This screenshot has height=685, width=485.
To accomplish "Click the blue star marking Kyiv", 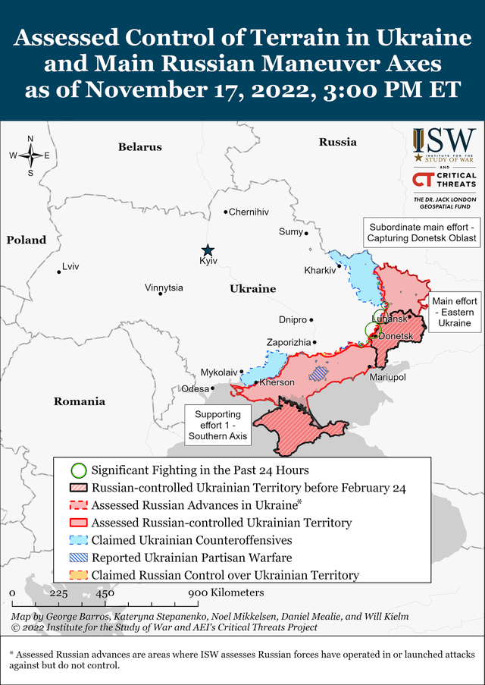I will (x=208, y=250).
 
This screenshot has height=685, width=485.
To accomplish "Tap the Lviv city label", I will (x=70, y=266).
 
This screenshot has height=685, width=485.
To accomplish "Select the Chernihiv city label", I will (x=249, y=212).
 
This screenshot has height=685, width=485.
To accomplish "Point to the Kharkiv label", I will (x=319, y=270).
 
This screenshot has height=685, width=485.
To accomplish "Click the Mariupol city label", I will (x=387, y=376).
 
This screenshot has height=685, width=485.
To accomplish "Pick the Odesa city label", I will (x=195, y=388).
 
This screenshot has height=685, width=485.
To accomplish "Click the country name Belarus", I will (x=140, y=146).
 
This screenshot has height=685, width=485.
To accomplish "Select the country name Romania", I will (x=79, y=401).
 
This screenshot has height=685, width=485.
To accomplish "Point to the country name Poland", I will (x=27, y=240).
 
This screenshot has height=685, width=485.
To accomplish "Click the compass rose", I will (x=30, y=156).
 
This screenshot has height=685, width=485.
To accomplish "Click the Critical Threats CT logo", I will (x=444, y=180).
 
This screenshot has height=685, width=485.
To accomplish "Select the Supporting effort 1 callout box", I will (x=217, y=426).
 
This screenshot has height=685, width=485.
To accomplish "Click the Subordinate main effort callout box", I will (x=422, y=233).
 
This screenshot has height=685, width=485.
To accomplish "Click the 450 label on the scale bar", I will (x=105, y=593).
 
